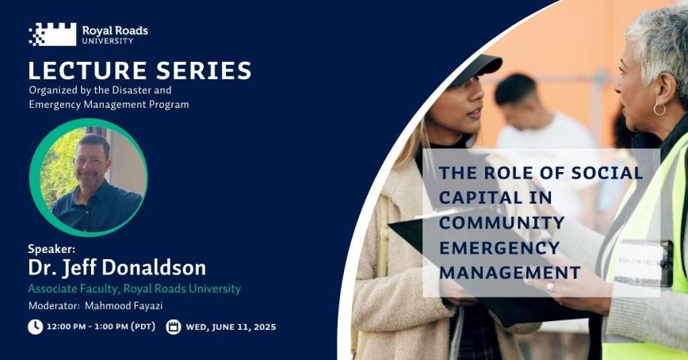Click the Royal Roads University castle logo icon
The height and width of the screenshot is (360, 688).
point(52,34)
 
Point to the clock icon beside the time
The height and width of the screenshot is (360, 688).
point(35,327)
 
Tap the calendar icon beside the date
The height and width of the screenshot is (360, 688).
point(174,327)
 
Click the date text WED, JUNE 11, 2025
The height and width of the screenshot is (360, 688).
point(231,327)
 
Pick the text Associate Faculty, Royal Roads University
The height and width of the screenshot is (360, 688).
point(134,289)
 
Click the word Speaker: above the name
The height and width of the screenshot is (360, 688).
point(52,249)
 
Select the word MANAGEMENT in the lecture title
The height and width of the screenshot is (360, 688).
point(509,273)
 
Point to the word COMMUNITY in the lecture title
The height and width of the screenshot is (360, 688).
point(502,222)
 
